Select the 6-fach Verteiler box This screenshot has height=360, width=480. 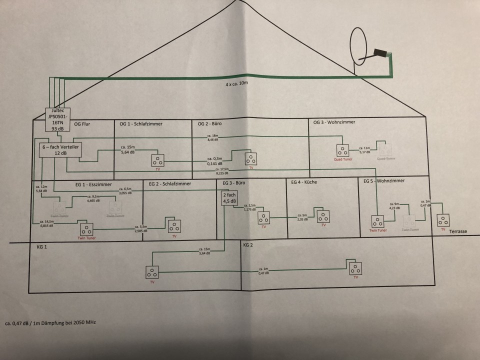(x=60, y=149)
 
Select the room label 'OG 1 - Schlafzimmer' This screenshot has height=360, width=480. (x=141, y=123)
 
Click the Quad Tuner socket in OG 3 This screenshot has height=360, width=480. (x=342, y=150)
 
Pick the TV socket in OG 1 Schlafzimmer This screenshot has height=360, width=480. (x=157, y=160)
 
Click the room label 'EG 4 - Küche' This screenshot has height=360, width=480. (x=304, y=182)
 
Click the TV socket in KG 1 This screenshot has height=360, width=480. (x=152, y=272)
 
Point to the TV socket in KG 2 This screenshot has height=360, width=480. (x=355, y=268)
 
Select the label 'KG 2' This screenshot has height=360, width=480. (x=249, y=245)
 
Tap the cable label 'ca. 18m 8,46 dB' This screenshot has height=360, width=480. (x=212, y=138)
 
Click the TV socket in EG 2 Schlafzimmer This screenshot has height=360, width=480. (x=174, y=226)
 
